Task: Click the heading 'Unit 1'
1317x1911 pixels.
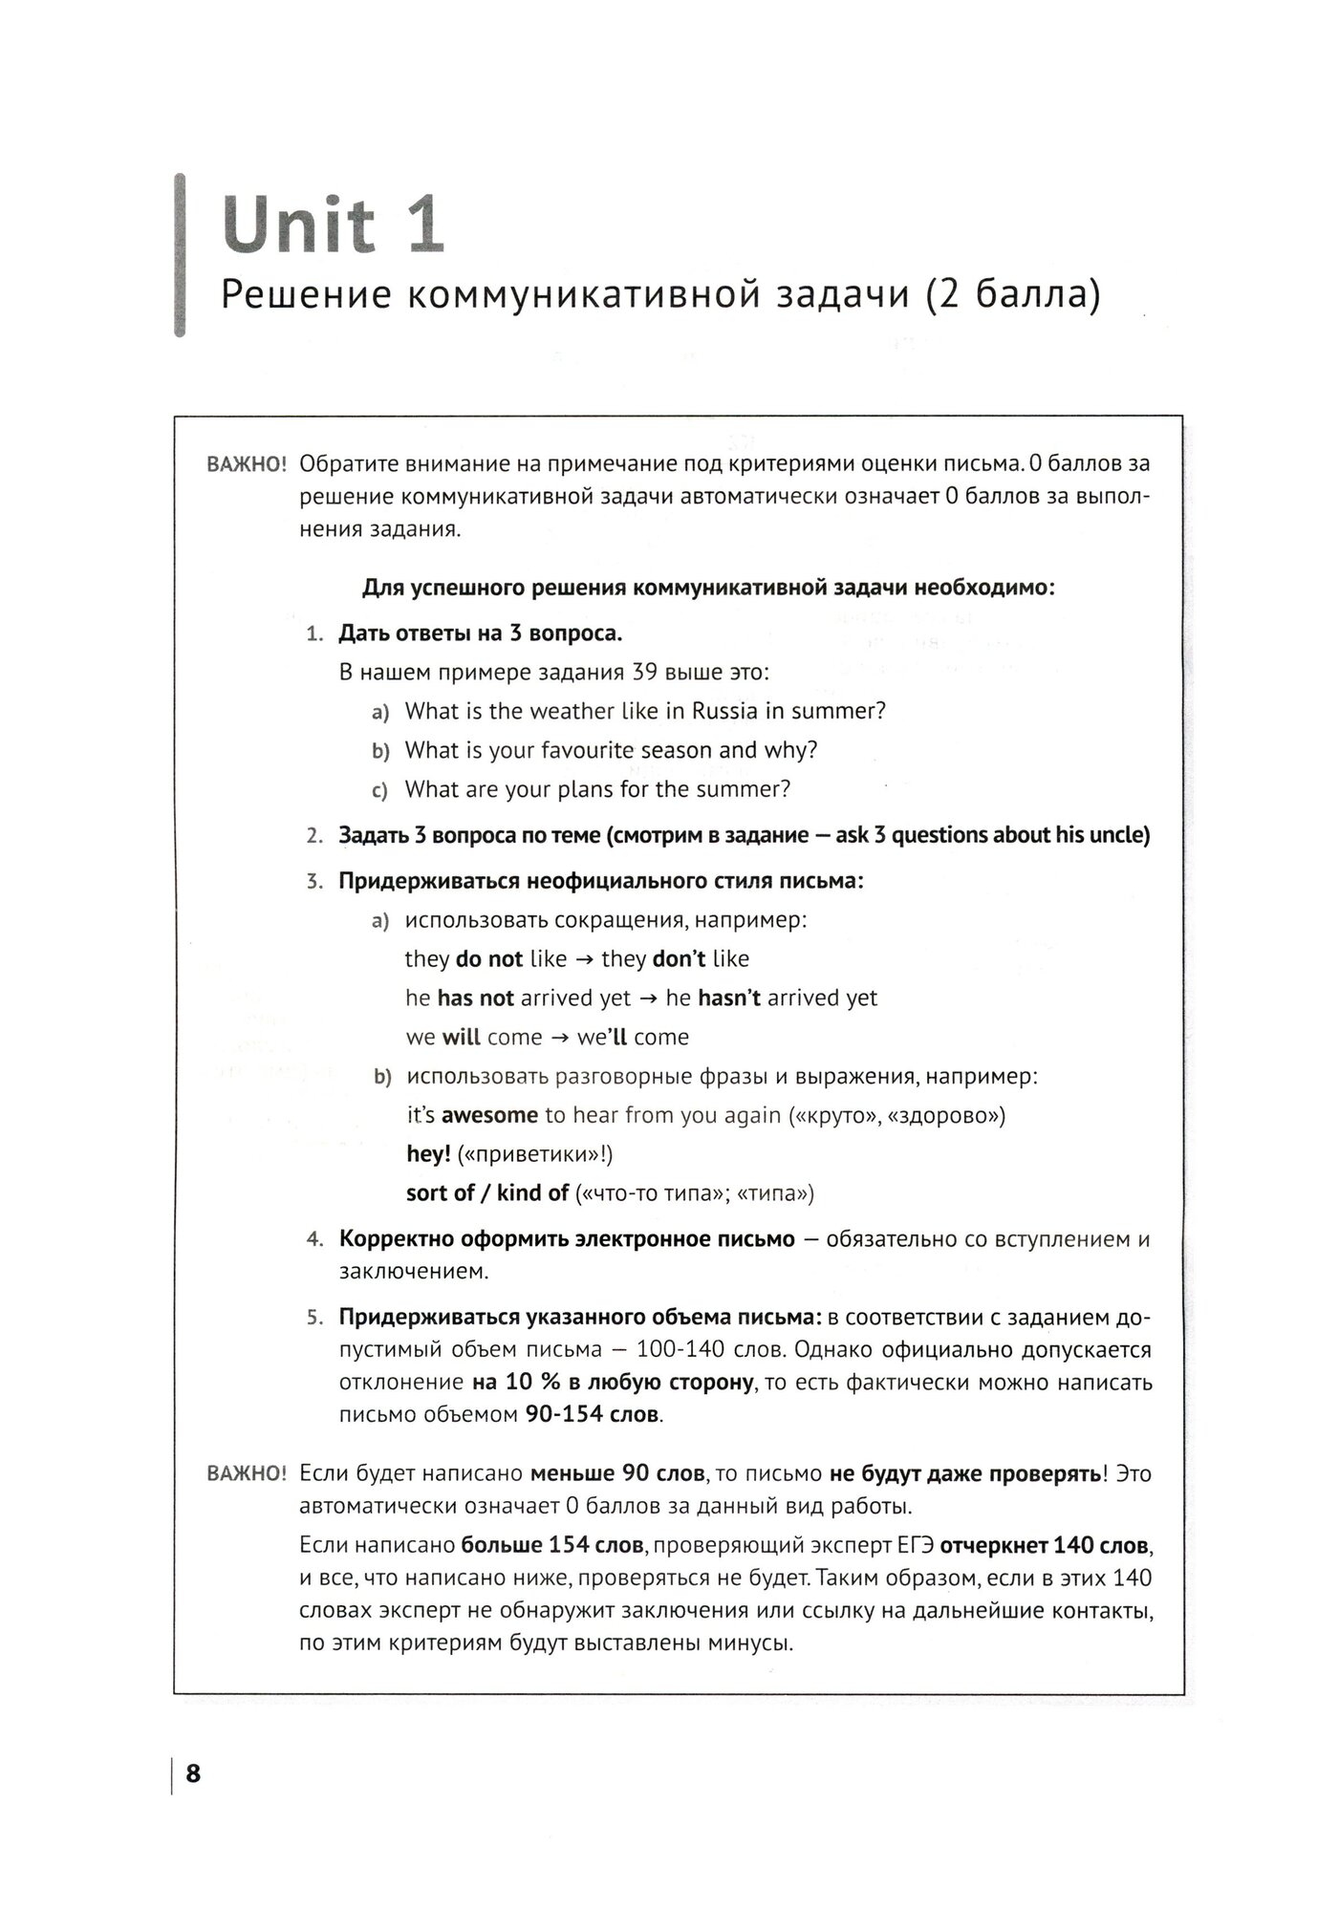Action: [333, 225]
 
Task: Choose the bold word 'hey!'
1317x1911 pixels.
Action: [428, 1154]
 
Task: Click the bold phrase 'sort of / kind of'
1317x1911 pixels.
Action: [487, 1193]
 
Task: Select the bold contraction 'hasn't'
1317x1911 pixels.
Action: [729, 998]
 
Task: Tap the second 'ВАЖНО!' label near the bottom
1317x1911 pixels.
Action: [247, 1474]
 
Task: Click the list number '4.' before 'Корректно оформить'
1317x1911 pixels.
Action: [314, 1239]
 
